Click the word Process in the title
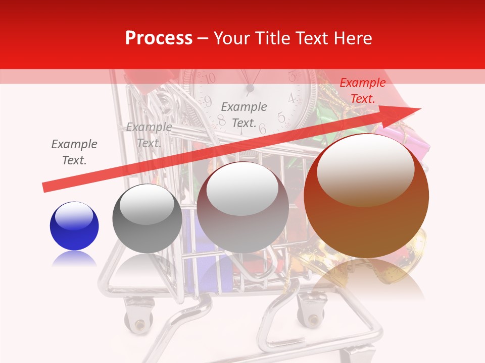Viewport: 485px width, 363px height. [x=159, y=38]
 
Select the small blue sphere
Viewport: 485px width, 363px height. [x=74, y=226]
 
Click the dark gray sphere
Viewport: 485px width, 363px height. [x=147, y=219]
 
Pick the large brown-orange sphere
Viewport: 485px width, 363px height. [x=366, y=197]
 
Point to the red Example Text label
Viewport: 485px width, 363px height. [x=362, y=91]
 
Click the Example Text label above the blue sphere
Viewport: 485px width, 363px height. [x=74, y=152]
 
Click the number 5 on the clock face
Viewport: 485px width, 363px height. [x=281, y=118]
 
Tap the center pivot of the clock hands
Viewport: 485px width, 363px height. [x=250, y=89]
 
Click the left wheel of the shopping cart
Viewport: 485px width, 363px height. [x=137, y=318]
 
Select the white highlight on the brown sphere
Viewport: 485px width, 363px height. [x=365, y=169]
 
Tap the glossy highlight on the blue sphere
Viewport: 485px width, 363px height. [x=74, y=216]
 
